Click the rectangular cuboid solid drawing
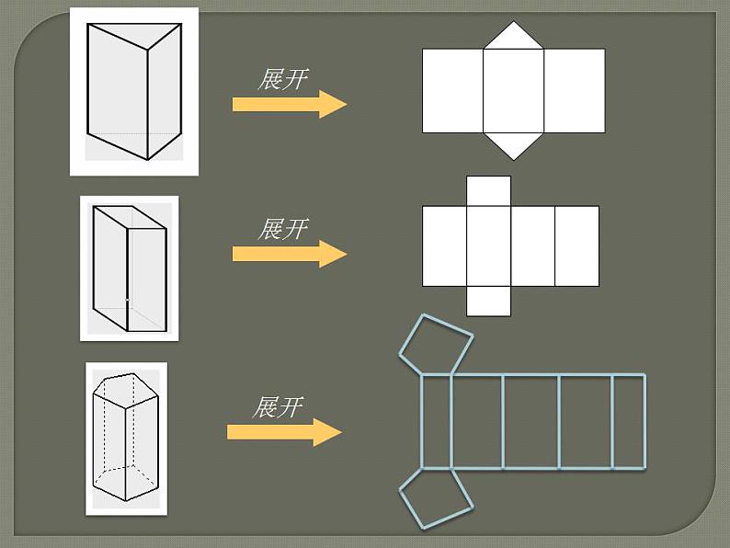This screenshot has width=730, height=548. (129, 268)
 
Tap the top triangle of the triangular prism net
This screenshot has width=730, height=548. (514, 38)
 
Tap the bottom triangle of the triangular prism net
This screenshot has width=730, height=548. (514, 143)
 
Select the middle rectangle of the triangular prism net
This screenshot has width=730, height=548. (514, 91)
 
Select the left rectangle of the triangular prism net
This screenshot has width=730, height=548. (452, 91)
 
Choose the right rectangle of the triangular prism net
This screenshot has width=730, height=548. (575, 91)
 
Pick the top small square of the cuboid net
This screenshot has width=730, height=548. (488, 191)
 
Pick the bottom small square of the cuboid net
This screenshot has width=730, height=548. (488, 301)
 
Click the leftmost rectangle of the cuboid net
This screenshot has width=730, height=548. (444, 245)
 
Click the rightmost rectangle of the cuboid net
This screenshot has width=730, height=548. (576, 245)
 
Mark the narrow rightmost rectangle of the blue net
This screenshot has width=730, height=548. (629, 421)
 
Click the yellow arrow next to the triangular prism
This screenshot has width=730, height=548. (289, 104)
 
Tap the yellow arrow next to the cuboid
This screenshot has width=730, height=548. (289, 254)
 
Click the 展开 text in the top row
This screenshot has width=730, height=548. (282, 79)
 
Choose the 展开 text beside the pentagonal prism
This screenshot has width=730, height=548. (277, 406)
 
